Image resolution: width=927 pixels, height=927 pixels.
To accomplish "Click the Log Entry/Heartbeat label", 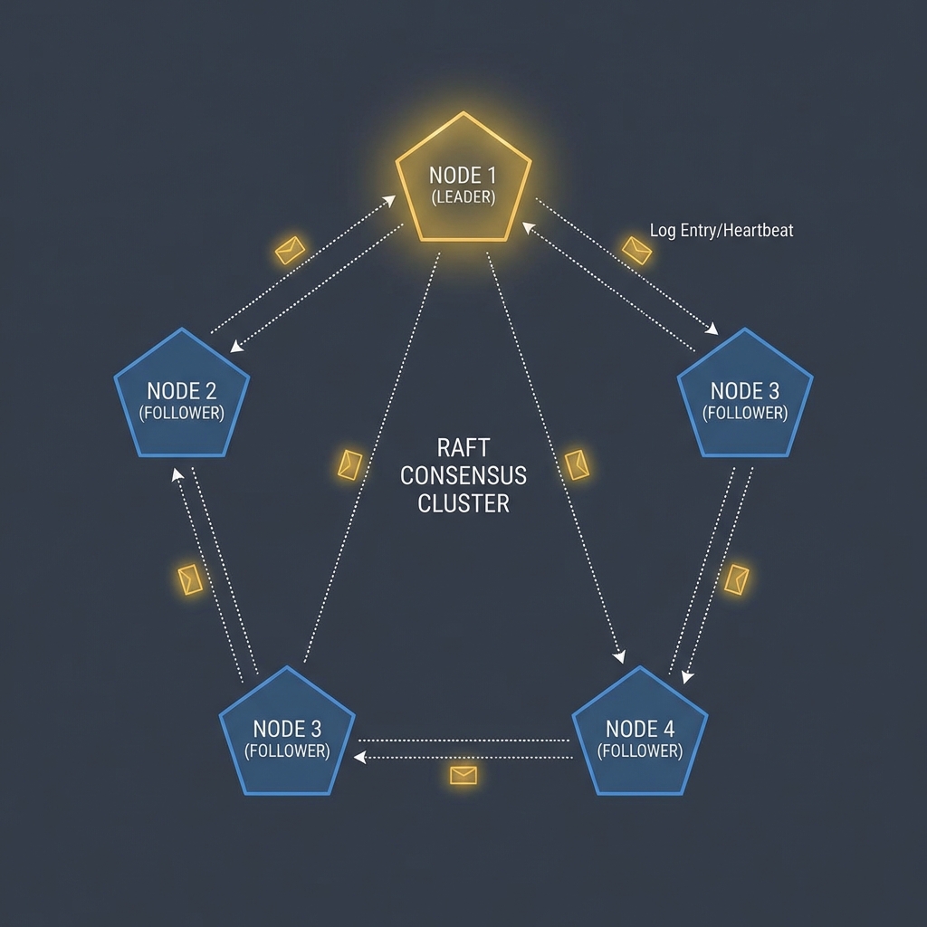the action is [722, 230].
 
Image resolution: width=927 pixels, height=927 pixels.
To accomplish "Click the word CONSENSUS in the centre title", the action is [463, 475].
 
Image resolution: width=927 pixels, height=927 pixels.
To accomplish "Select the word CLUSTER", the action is [463, 503].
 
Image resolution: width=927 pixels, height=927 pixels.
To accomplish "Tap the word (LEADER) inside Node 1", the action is [463, 196].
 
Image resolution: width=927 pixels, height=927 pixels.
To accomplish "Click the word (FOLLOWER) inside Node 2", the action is [181, 413].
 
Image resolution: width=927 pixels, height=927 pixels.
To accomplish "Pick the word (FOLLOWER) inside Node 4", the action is [640, 750].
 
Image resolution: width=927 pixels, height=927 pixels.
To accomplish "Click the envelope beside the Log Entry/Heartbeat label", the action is [636, 251].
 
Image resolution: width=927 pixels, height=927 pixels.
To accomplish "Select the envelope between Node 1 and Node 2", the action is [291, 250].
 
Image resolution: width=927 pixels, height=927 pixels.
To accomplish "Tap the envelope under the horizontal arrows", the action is [463, 775].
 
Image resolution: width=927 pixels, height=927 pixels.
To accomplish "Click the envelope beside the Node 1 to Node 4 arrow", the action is [577, 464].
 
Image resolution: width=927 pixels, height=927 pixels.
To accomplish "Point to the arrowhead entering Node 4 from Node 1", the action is [619, 657].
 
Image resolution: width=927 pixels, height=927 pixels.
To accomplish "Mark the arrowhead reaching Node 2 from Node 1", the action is [236, 346].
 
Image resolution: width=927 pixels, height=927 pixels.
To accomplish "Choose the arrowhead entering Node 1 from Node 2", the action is [389, 201].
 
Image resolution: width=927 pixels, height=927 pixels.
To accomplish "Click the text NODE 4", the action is [640, 729].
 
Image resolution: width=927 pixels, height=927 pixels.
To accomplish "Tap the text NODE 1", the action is [463, 176].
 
